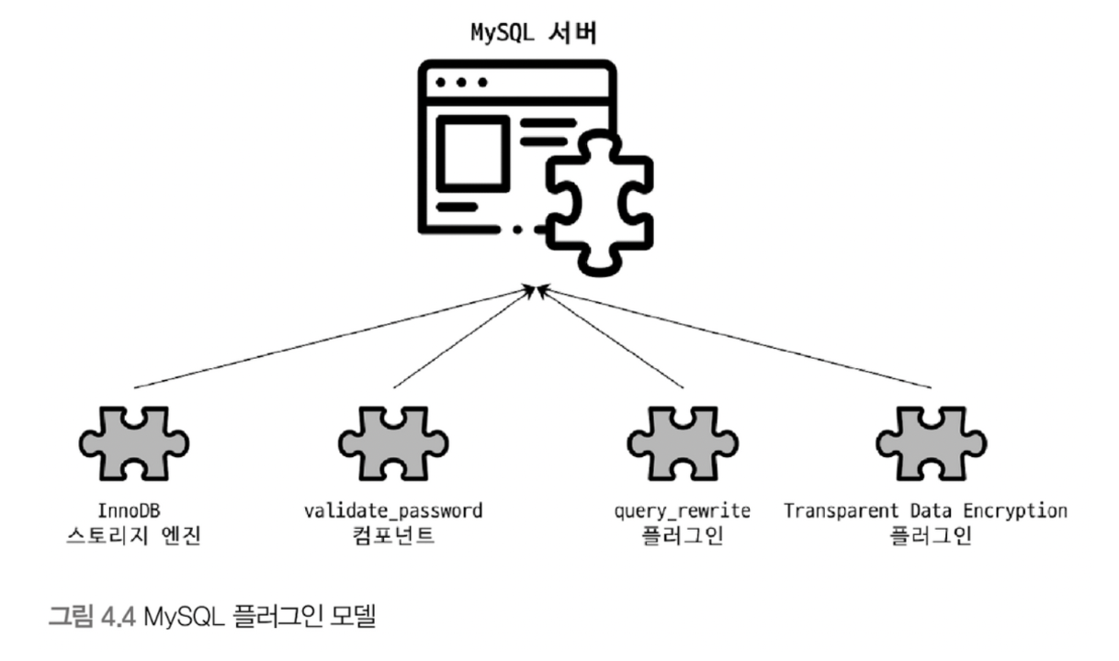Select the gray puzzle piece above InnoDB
coord(135,443)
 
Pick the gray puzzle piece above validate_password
coord(392,443)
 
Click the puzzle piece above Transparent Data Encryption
coord(930,443)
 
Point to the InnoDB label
coord(135,510)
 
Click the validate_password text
coord(392,510)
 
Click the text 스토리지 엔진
coord(135,535)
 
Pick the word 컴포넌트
coord(392,535)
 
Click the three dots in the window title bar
coord(462,82)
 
